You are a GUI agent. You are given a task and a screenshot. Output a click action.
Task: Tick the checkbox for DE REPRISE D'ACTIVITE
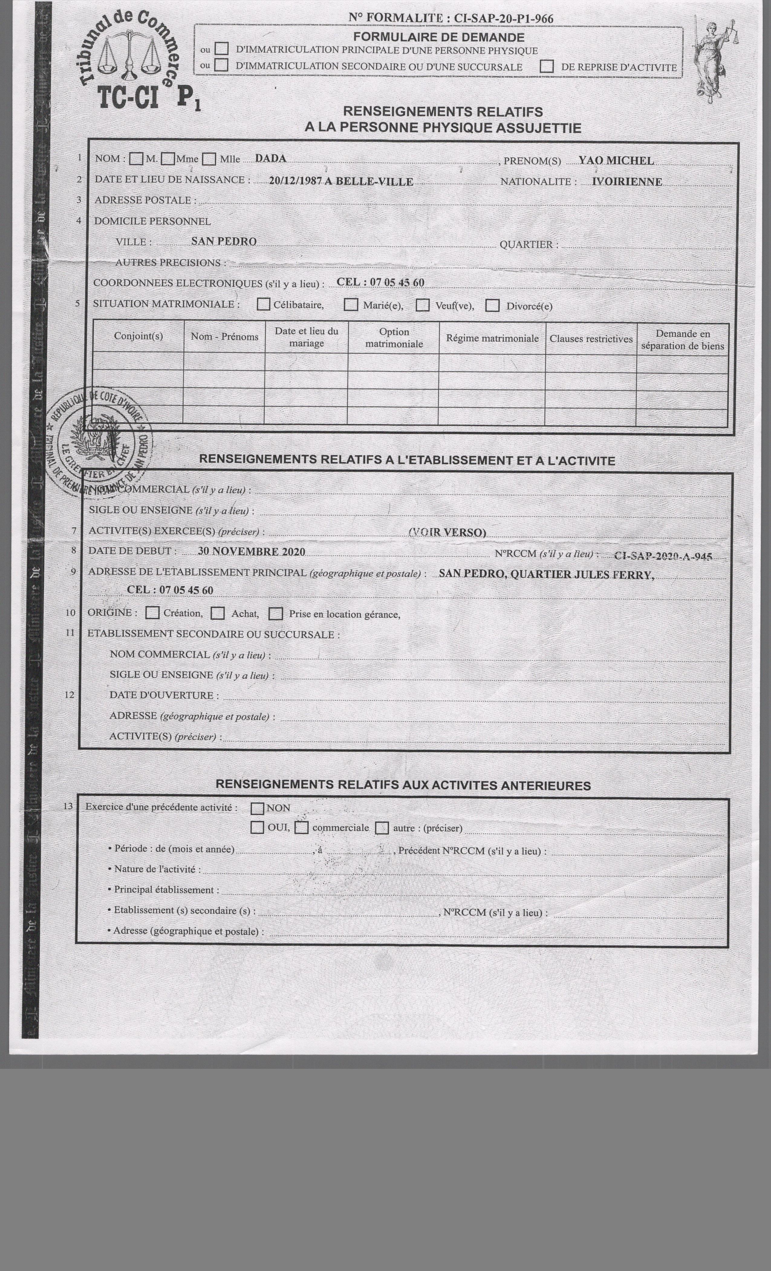(547, 67)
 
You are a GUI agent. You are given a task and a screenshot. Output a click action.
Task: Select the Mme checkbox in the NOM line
(168, 159)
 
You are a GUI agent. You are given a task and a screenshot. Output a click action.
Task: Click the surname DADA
(271, 158)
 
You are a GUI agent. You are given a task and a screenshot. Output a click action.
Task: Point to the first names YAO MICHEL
(616, 160)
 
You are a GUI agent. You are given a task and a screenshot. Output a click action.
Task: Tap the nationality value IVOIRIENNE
(627, 182)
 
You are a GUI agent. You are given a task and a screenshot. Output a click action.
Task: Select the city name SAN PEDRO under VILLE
(224, 241)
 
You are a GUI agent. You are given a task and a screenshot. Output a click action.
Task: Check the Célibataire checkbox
(263, 304)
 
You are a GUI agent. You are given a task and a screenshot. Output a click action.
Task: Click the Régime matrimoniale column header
(492, 338)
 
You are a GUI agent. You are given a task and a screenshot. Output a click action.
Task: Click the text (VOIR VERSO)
(447, 532)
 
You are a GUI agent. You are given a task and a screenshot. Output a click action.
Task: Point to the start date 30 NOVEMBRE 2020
(252, 551)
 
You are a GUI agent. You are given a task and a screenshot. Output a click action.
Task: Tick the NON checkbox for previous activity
(257, 808)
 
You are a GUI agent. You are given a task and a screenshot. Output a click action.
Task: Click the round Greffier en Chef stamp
(100, 442)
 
